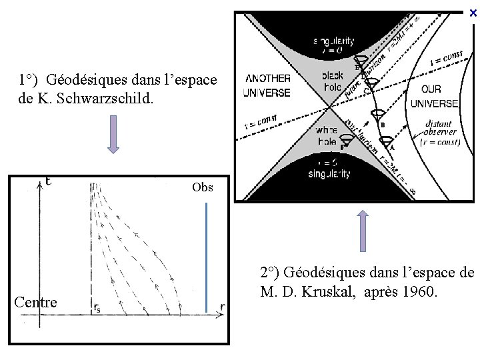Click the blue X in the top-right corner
tap(473, 12)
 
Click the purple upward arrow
tap(363, 231)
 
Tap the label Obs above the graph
tap(203, 187)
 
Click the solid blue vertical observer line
tap(207, 257)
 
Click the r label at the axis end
tap(223, 308)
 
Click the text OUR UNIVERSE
tap(434, 97)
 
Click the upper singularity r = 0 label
tap(331, 45)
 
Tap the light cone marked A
tap(387, 141)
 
